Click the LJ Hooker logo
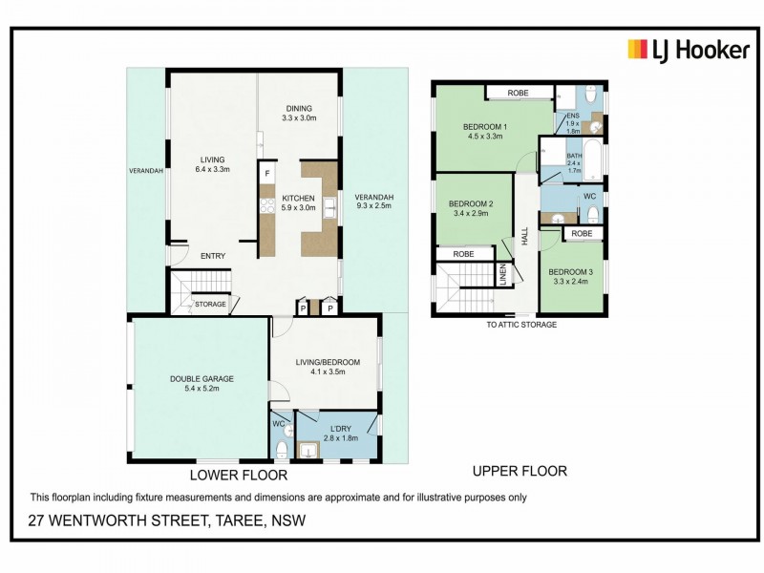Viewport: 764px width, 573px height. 689,51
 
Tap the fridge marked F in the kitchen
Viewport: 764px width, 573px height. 267,173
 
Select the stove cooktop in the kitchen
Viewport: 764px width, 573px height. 267,206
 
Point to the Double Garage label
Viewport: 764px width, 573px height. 202,384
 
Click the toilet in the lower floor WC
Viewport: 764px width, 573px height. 282,449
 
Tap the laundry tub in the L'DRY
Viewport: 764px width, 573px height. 308,450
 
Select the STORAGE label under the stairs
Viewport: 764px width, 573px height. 210,304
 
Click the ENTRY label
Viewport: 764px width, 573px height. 213,256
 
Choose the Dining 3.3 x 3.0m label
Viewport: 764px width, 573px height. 299,113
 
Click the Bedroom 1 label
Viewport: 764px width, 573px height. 485,132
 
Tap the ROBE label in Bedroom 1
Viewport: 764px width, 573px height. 518,93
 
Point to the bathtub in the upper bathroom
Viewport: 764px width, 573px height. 593,159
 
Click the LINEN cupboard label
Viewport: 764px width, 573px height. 503,274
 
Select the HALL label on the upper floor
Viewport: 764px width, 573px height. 524,237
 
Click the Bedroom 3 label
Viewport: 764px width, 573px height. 570,277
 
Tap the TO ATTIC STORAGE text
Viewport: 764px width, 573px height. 521,325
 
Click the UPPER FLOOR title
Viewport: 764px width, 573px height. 520,471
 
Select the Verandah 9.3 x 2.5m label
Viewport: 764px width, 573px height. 374,202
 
